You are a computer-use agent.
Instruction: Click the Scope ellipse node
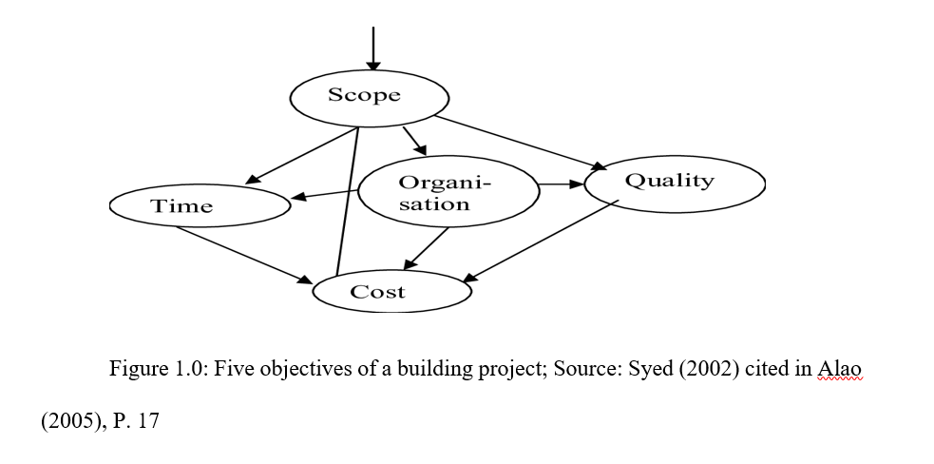click(x=369, y=96)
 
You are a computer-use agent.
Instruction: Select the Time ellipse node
click(x=200, y=205)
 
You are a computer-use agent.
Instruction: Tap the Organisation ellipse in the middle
click(x=448, y=192)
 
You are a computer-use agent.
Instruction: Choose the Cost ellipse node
click(x=391, y=292)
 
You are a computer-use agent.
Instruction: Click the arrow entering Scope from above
click(x=373, y=48)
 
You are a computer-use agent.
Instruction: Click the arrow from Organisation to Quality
click(x=561, y=183)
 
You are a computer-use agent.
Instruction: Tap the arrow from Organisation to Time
click(x=325, y=195)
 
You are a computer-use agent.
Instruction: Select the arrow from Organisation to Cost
click(x=428, y=247)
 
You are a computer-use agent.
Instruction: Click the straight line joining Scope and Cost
click(x=347, y=200)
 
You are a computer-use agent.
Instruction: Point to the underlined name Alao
click(x=839, y=369)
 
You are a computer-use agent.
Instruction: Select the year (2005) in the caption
click(x=68, y=420)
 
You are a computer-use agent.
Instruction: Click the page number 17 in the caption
click(x=148, y=420)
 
